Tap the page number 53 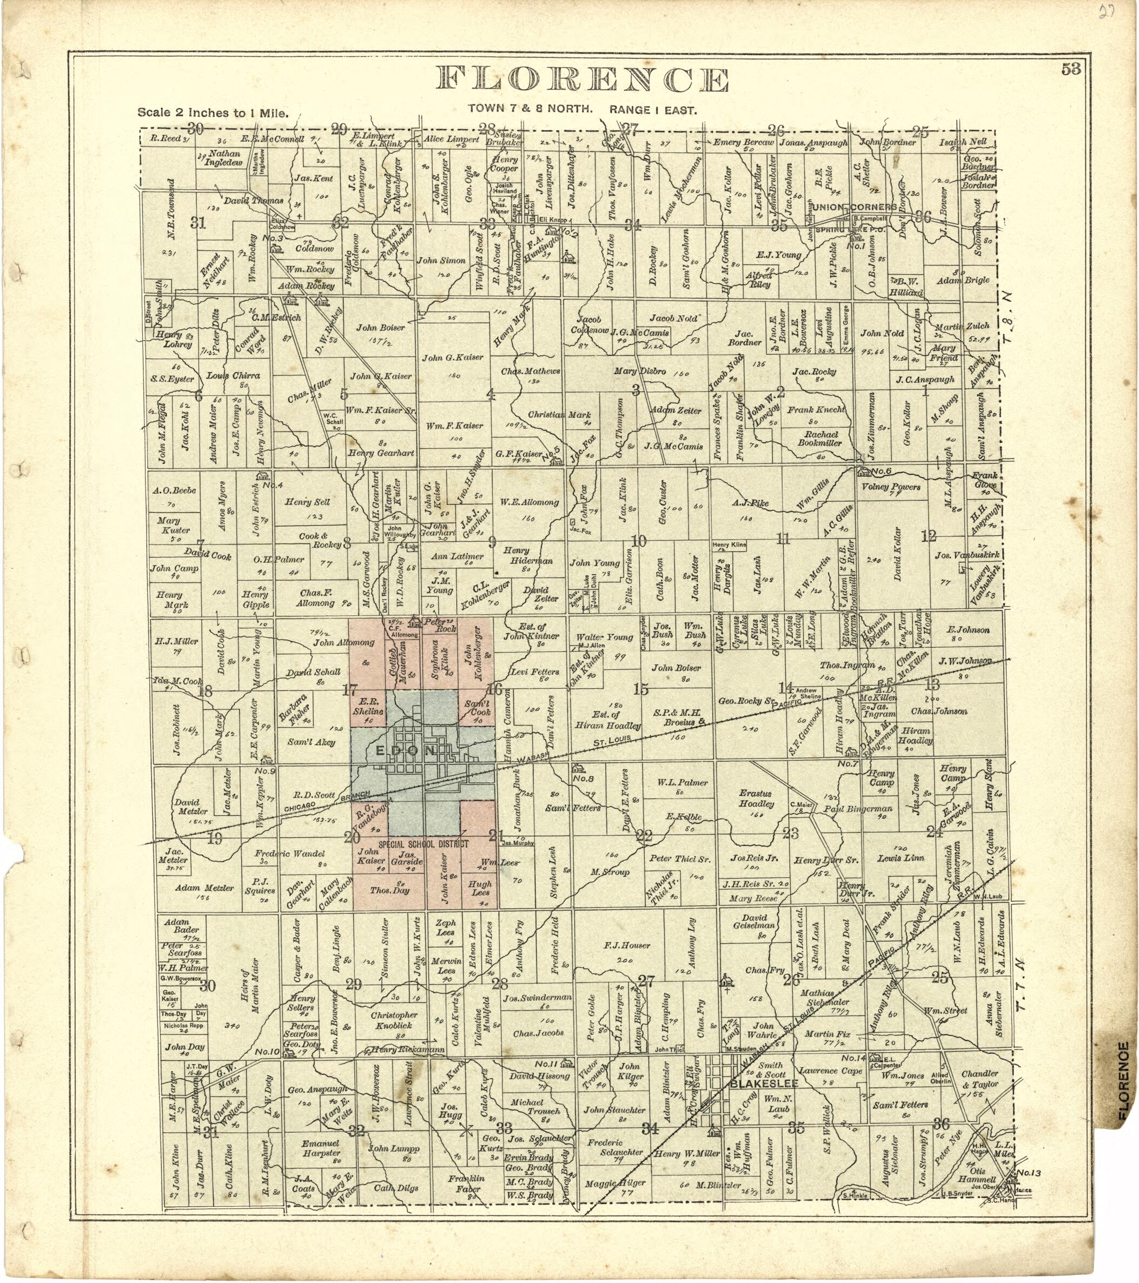tap(1071, 69)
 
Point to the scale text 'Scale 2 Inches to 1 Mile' tap(214, 114)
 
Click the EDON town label tap(406, 751)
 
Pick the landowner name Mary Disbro tap(639, 371)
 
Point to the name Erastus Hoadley tap(756, 799)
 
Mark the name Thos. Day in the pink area tap(389, 890)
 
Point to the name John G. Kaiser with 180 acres tap(452, 357)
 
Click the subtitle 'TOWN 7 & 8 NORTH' tap(530, 109)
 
